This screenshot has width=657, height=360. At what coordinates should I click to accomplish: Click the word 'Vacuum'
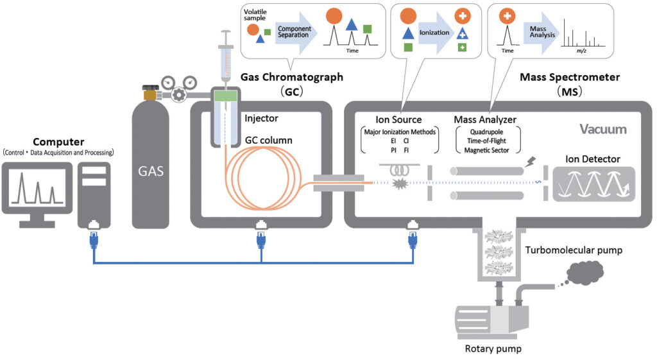click(602, 129)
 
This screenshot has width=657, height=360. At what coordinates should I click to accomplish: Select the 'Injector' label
click(261, 119)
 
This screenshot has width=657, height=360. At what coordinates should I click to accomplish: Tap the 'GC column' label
click(268, 139)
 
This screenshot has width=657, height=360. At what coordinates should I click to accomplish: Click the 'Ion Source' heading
click(398, 119)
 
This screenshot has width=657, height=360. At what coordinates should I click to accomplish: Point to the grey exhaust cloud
click(581, 274)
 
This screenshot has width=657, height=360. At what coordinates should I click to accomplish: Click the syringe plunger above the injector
click(225, 39)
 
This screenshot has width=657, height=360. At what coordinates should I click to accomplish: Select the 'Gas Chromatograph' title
click(292, 77)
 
